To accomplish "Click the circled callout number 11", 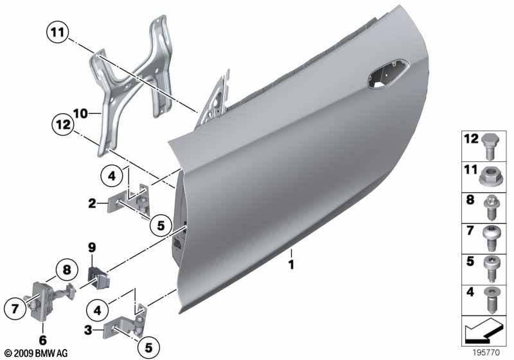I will click(x=56, y=31).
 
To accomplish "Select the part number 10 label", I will click(x=80, y=114).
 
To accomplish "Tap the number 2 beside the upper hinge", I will click(x=93, y=204).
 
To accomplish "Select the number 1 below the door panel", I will click(x=290, y=264).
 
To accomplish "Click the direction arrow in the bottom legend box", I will click(x=484, y=333).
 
